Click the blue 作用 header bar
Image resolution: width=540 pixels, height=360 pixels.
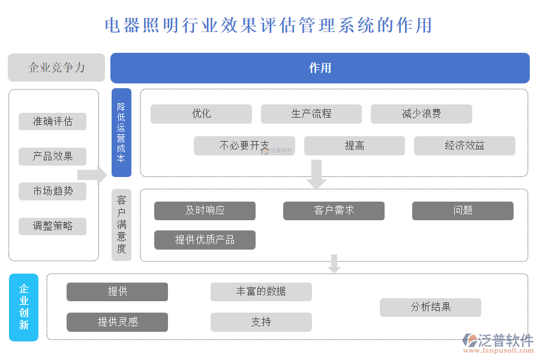coord(320,68)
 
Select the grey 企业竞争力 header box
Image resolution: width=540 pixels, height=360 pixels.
coord(56,67)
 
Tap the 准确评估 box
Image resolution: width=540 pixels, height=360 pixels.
coord(53,121)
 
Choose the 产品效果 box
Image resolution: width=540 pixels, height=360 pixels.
coord(53,157)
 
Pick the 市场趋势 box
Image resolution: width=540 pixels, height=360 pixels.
coord(53,191)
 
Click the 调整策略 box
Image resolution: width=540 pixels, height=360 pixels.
coord(53,226)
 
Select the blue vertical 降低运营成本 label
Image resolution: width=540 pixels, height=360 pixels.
coord(121,133)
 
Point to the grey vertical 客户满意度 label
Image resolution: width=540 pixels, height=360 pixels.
coord(121,224)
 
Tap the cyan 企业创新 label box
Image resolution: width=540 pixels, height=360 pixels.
coord(24,307)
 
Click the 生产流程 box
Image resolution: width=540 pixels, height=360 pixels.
coord(311,114)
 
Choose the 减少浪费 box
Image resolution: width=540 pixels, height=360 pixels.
coord(421,114)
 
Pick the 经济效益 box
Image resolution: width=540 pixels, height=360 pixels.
coord(464,145)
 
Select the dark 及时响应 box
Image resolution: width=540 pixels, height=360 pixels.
coord(205,211)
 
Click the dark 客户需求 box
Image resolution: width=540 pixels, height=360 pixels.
coord(334,211)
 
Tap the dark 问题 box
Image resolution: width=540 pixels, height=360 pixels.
coord(463,211)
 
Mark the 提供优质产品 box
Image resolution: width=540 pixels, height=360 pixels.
coord(205,240)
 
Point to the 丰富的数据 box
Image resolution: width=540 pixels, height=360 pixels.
coord(261,292)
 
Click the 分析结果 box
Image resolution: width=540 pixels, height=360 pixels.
coord(430,307)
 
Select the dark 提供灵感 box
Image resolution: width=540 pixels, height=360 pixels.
coord(117,322)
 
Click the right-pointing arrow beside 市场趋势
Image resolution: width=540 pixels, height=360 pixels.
coord(92,175)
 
